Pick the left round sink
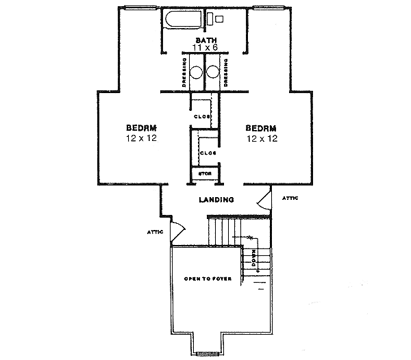(x=196, y=72)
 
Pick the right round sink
(x=213, y=72)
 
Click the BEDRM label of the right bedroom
(x=260, y=128)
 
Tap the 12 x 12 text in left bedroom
(x=142, y=138)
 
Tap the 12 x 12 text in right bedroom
(x=260, y=138)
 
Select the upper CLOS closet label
(x=200, y=116)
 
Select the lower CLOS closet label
(x=208, y=153)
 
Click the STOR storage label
(x=203, y=174)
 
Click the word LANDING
(x=216, y=200)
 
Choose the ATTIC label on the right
(x=290, y=198)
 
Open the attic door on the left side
(x=177, y=231)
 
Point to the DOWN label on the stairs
(x=253, y=259)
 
